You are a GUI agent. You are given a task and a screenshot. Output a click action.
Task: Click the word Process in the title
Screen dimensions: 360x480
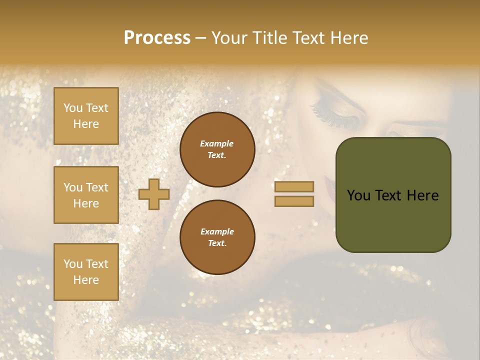pyautogui.click(x=157, y=38)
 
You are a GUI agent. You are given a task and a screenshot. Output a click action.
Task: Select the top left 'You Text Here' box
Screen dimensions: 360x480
pyautogui.click(x=86, y=116)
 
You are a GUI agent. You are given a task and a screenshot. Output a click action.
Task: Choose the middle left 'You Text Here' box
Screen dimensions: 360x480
pyautogui.click(x=86, y=195)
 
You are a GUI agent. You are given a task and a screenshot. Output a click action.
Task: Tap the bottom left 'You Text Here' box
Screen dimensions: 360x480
pyautogui.click(x=86, y=272)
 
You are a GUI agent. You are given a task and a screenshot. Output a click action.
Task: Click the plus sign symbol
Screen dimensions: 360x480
pyautogui.click(x=154, y=194)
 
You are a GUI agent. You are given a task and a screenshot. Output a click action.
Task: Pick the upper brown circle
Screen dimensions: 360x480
pyautogui.click(x=217, y=149)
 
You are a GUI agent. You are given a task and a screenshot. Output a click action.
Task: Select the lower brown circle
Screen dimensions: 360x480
pyautogui.click(x=217, y=237)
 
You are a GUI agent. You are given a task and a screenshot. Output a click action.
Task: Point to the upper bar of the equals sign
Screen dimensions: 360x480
pyautogui.click(x=294, y=186)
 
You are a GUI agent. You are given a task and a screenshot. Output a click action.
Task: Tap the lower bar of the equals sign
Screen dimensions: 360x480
pyautogui.click(x=294, y=201)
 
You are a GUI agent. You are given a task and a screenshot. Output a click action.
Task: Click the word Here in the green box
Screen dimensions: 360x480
pyautogui.click(x=422, y=195)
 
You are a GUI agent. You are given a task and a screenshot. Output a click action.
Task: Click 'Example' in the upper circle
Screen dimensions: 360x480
pyautogui.click(x=217, y=144)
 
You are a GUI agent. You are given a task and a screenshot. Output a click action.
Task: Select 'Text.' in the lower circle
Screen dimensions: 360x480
pyautogui.click(x=217, y=243)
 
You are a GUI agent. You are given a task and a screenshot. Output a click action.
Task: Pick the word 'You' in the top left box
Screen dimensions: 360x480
pyautogui.click(x=73, y=108)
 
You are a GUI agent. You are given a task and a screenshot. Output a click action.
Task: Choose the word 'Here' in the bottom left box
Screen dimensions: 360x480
pyautogui.click(x=86, y=280)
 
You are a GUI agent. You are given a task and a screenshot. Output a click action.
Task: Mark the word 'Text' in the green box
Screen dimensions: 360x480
pyautogui.click(x=389, y=195)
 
